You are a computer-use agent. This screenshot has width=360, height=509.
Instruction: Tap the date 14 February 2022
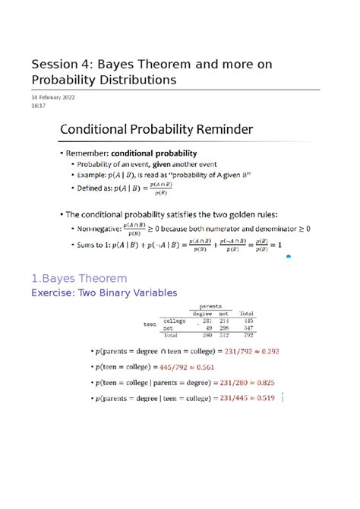click(52, 98)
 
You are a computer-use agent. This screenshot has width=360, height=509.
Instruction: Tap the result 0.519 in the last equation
click(263, 398)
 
